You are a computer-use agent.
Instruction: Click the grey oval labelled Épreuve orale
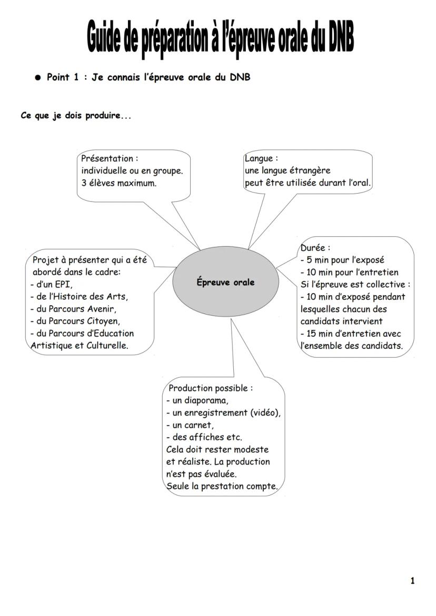coord(225,282)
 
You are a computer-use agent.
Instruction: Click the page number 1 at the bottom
coord(412,581)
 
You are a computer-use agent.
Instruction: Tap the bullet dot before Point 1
coord(37,77)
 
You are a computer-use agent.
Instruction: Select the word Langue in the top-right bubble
coord(259,158)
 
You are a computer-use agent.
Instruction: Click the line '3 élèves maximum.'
coord(118,184)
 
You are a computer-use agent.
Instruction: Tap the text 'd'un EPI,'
coord(54,284)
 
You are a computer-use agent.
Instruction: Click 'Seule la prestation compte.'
coord(222,486)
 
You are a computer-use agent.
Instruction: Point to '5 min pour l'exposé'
coord(345,260)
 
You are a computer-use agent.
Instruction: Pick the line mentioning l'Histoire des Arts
coord(82,296)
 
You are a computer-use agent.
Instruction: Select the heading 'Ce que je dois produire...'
coord(76,116)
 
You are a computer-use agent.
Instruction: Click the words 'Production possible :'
coord(210,388)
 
